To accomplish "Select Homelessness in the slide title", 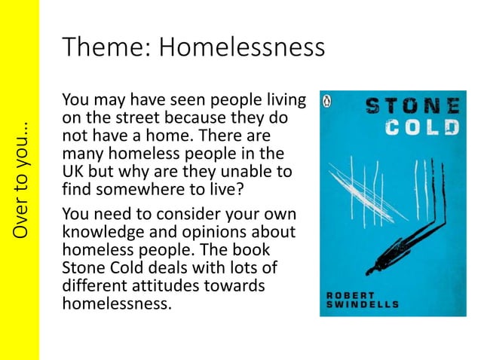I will tap(242, 48).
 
